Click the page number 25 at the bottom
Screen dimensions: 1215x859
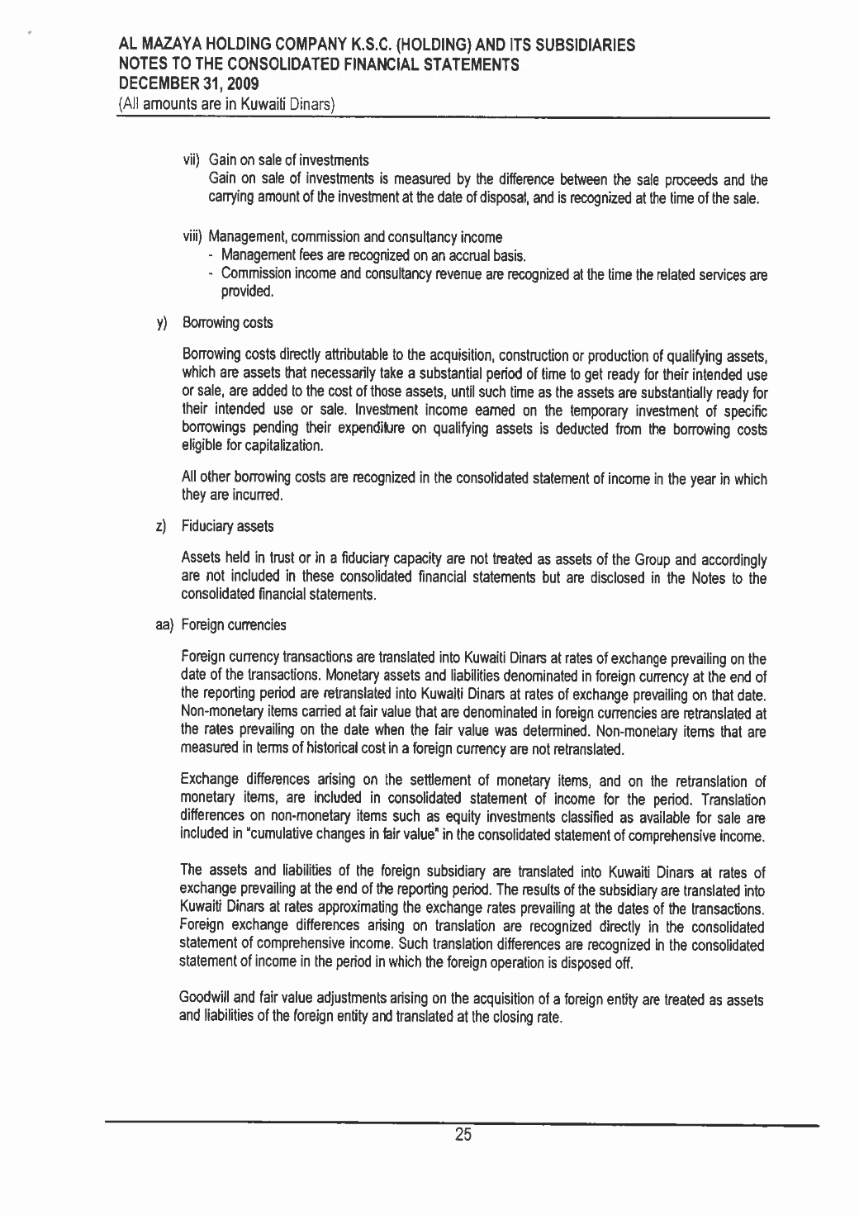pos(463,1137)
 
